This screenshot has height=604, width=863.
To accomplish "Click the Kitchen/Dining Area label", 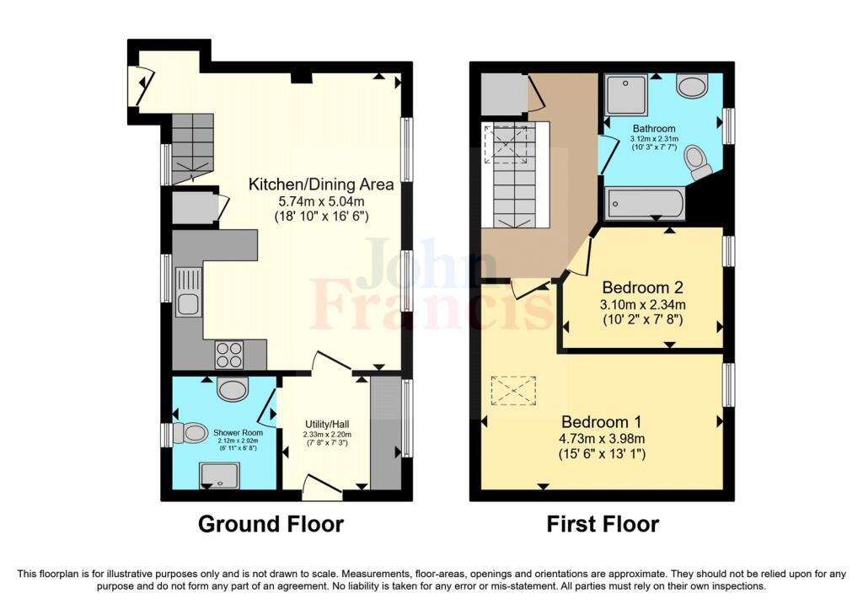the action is pyautogui.click(x=321, y=184).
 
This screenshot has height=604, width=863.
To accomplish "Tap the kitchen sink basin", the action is pyautogui.click(x=188, y=305).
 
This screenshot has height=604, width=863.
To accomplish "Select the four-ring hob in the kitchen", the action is pyautogui.click(x=229, y=355).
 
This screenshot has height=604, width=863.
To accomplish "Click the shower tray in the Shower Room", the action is pyautogui.click(x=219, y=475).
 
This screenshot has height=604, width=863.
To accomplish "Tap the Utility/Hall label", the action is pyautogui.click(x=327, y=424).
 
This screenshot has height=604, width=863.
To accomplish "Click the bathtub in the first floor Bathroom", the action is pyautogui.click(x=645, y=204).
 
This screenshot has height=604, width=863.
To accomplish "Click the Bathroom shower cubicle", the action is pyautogui.click(x=626, y=94).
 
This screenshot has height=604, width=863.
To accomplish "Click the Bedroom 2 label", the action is pyautogui.click(x=642, y=287).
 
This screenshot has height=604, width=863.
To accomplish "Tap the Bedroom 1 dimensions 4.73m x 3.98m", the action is pyautogui.click(x=603, y=438).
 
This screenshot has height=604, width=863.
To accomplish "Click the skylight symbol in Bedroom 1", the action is pyautogui.click(x=513, y=391).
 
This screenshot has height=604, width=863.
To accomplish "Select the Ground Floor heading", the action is pyautogui.click(x=271, y=524).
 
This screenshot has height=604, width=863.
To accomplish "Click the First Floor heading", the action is pyautogui.click(x=603, y=524).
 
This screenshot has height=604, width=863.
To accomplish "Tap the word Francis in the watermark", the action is pyautogui.click(x=432, y=304).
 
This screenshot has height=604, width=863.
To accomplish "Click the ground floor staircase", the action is pyautogui.click(x=192, y=148).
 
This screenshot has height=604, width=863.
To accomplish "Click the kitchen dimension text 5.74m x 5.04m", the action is pyautogui.click(x=321, y=201).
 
